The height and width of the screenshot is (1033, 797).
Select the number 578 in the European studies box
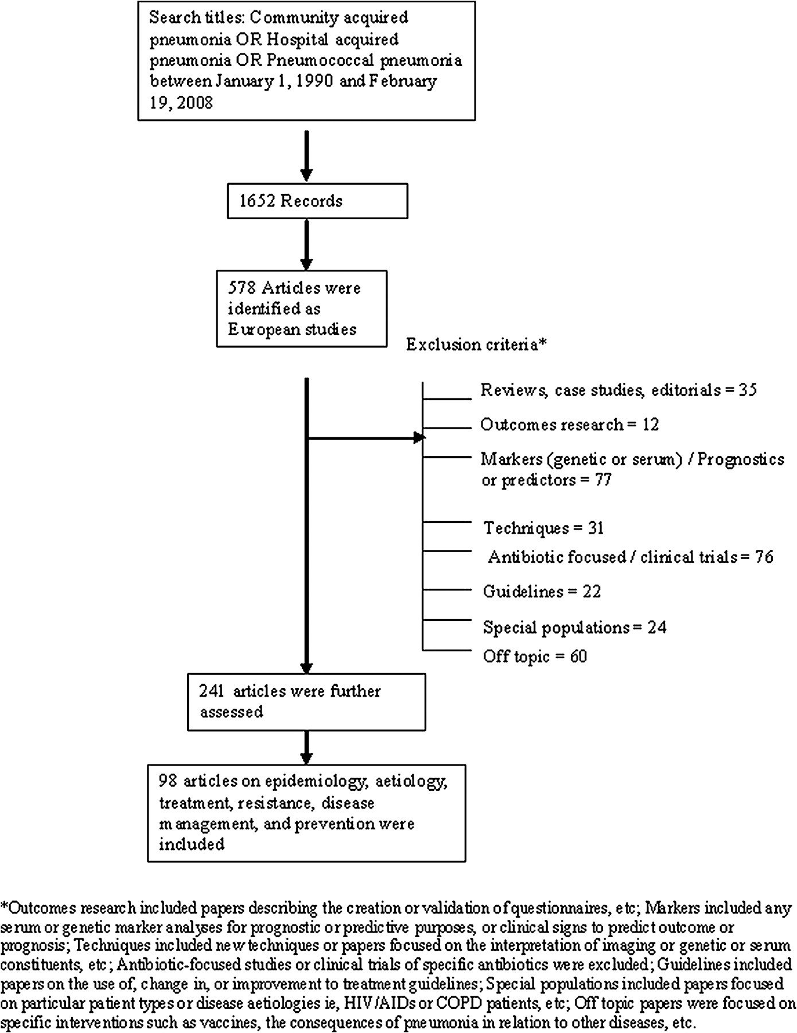(x=240, y=288)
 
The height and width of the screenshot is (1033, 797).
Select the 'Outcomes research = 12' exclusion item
(x=570, y=425)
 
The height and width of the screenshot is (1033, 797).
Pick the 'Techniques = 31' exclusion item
(x=543, y=527)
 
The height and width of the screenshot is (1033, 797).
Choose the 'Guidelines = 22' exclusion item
(x=542, y=591)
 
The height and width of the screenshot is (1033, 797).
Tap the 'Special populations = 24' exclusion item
(x=574, y=627)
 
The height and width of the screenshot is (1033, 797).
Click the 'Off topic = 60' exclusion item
(x=535, y=656)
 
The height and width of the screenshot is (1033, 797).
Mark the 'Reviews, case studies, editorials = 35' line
(x=619, y=390)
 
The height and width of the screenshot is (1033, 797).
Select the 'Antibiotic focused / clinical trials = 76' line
(x=631, y=557)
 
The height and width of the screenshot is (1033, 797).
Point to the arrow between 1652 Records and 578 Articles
(x=307, y=244)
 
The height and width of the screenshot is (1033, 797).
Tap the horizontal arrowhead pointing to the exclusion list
(x=419, y=438)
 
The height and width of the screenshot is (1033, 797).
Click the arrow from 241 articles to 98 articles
(x=307, y=748)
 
